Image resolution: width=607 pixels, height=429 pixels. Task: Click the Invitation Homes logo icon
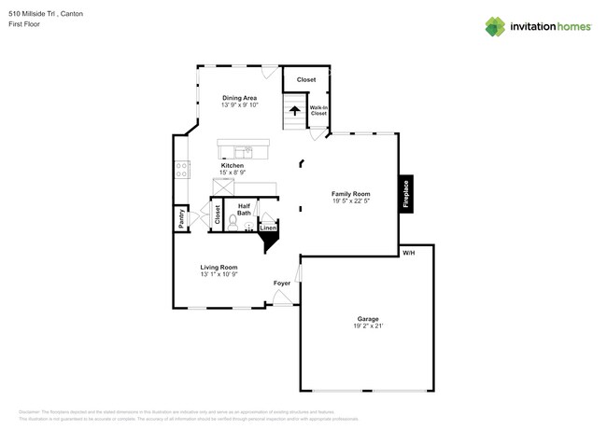point(495,26)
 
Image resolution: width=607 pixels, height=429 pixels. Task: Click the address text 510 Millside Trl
point(41,14)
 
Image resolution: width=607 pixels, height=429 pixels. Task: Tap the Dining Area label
point(239,97)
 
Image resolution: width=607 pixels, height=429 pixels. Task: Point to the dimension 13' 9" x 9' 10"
point(239,105)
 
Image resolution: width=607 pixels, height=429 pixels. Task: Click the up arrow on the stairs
point(295,111)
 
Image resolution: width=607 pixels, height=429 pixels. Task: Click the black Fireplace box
point(406,194)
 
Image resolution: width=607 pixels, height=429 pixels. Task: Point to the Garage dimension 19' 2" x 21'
point(368,326)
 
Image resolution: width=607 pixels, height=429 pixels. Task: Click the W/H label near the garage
point(408,254)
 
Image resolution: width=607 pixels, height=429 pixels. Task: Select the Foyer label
point(281,283)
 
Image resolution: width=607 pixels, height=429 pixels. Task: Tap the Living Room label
point(219,267)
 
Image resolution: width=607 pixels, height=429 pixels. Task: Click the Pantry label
point(181,218)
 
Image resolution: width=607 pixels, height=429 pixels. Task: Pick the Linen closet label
point(268,228)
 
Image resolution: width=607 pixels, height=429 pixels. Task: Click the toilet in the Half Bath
point(233,223)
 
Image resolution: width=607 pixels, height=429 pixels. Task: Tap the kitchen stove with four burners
point(181,169)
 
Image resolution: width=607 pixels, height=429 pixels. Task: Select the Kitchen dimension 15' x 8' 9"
point(233,173)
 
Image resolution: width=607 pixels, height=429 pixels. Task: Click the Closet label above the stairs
point(306,79)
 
